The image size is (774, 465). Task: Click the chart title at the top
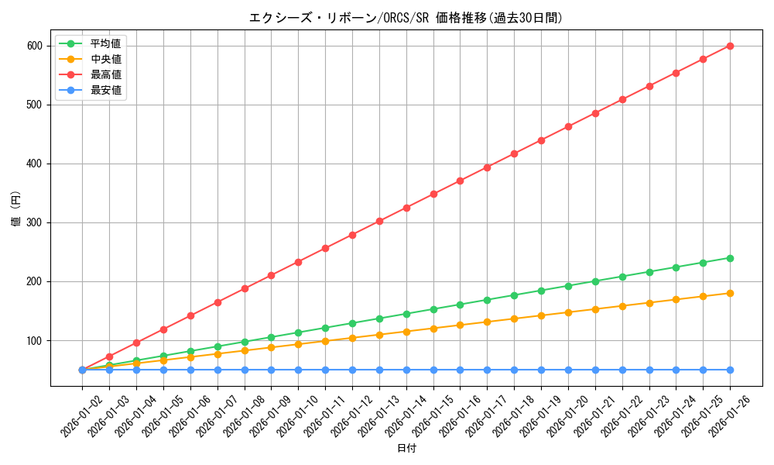[x=406, y=18]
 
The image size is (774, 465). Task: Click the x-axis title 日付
[x=406, y=449]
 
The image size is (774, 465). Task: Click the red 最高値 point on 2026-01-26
[x=730, y=46]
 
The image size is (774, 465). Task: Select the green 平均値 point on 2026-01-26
[x=730, y=258]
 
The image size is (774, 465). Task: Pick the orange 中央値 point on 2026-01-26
[x=730, y=293]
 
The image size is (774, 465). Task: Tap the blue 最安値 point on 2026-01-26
[x=730, y=370]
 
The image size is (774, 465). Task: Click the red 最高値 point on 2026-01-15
[x=433, y=194]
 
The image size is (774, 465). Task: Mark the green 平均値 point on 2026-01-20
[x=568, y=286]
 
